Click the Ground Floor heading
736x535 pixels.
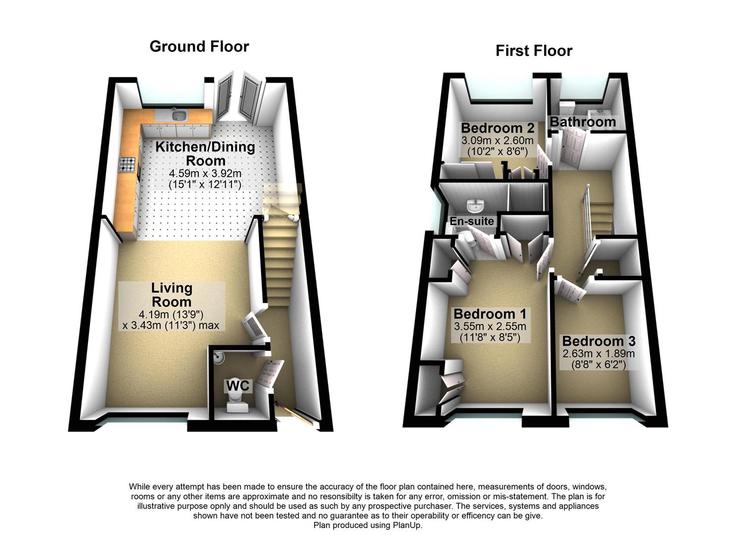199,47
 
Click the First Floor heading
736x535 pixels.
534,51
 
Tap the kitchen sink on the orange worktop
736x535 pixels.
178,116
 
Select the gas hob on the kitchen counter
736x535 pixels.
127,164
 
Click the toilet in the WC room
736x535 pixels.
237,402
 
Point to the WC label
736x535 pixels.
239,385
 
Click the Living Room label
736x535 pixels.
171,295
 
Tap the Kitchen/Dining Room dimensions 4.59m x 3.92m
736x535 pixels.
205,174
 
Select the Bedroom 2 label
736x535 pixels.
497,128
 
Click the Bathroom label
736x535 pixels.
582,122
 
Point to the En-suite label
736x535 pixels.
471,221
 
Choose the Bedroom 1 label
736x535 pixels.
490,314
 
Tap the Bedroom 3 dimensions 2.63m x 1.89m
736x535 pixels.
598,354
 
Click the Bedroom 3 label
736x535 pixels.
598,341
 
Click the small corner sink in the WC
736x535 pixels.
219,356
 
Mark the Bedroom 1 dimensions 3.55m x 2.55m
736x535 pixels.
490,327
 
